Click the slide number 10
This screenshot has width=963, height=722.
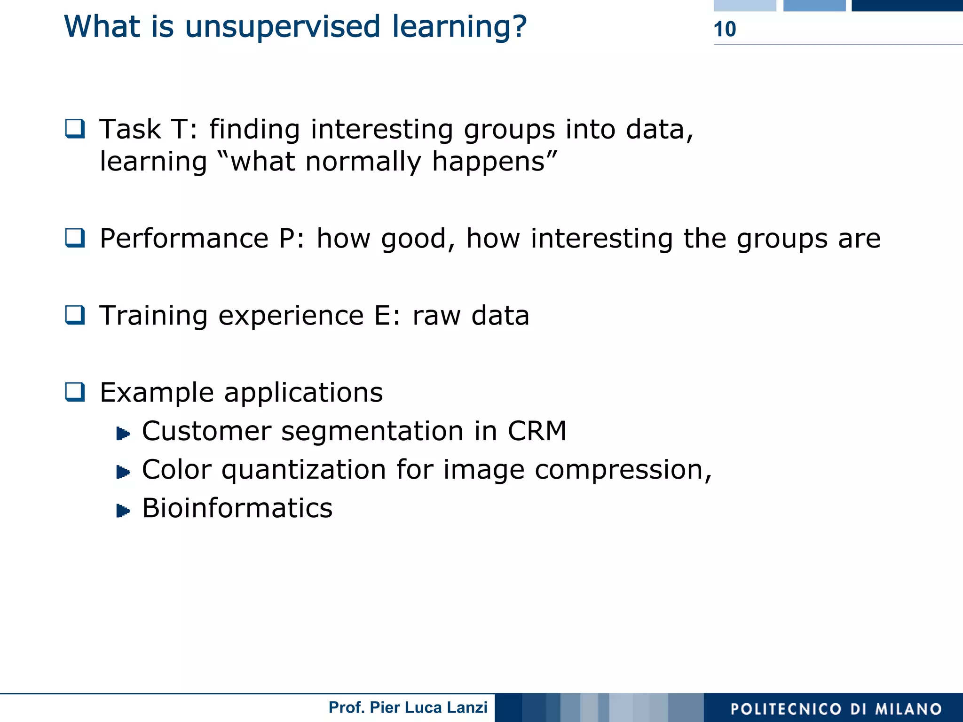coord(725,29)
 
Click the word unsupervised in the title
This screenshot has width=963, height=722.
coord(282,27)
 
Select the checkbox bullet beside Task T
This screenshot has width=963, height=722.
coord(75,129)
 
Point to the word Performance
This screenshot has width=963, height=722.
coord(184,239)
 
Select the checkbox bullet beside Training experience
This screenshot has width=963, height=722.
coord(75,315)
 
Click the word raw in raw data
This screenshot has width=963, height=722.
coord(436,316)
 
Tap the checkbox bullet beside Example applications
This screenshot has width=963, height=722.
coord(75,392)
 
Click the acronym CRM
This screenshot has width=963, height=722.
coord(537,431)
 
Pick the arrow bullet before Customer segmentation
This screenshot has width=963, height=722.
coord(123,433)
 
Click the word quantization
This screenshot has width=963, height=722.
coord(303,470)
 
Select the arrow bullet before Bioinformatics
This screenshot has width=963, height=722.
coord(123,510)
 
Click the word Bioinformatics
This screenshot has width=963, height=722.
coord(237,508)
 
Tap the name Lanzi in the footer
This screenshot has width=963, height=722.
coord(467,707)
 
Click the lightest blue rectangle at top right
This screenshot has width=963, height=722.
coord(744,5)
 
